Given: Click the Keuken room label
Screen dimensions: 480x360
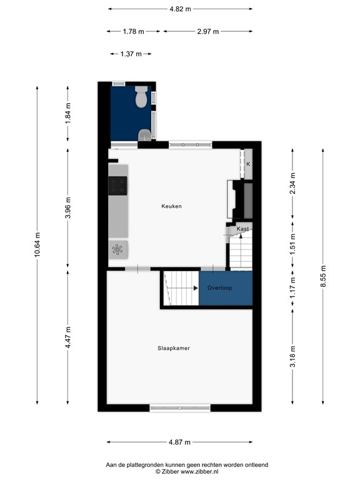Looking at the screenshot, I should tap(171, 206).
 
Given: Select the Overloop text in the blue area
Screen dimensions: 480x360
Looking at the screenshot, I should tap(220, 288).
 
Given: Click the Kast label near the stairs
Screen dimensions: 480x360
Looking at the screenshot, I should tap(243, 229).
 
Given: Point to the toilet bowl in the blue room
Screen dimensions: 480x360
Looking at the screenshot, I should tap(141, 97).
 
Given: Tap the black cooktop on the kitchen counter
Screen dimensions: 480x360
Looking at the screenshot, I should tap(118, 186).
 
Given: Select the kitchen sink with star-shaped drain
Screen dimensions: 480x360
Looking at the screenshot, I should tap(117, 249).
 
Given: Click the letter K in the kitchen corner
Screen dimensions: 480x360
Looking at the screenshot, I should tap(248, 164).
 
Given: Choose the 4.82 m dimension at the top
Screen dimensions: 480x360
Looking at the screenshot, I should tap(180, 9).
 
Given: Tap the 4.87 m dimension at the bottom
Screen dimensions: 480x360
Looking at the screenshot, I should tap(180, 442).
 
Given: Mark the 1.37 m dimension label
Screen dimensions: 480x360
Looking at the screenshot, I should tap(131, 54).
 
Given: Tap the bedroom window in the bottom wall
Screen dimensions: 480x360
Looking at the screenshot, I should tap(179, 407).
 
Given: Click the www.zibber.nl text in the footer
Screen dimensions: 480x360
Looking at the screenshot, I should tap(204, 472).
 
